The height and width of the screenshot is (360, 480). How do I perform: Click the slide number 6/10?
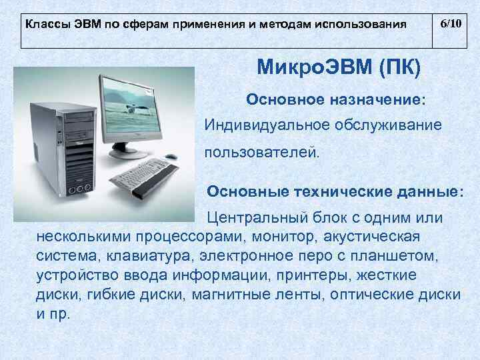pyautogui.click(x=450, y=23)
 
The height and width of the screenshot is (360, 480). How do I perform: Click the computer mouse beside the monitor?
pyautogui.click(x=171, y=157)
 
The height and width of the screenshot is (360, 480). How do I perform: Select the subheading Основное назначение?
pyautogui.click(x=335, y=99)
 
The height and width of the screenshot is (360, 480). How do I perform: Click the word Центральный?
pyautogui.click(x=249, y=218)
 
